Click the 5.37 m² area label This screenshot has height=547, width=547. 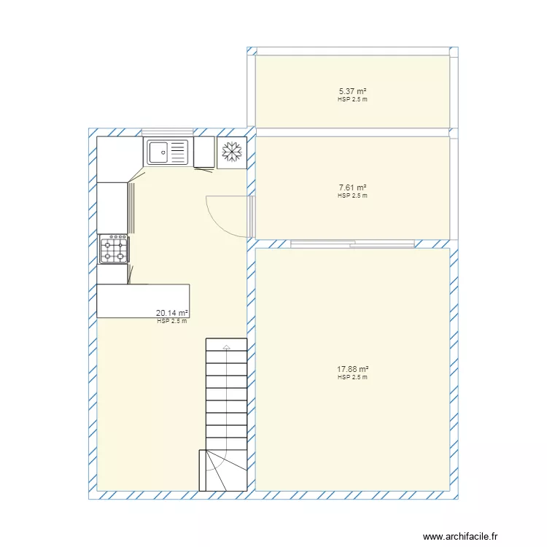[x=352, y=91]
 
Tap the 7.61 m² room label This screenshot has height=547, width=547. [x=352, y=187]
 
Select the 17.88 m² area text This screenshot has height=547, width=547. [x=352, y=369]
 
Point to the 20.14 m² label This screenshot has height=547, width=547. [x=172, y=314]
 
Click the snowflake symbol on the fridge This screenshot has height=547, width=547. [x=232, y=152]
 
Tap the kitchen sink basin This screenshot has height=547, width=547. [x=158, y=152]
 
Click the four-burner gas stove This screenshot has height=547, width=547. [x=114, y=249]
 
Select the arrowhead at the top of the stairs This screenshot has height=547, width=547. [x=227, y=346]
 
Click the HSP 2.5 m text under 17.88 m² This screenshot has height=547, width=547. [x=352, y=378]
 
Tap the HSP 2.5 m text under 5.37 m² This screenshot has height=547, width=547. [x=352, y=99]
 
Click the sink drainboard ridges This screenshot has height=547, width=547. [x=177, y=152]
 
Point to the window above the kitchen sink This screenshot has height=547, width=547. [x=168, y=132]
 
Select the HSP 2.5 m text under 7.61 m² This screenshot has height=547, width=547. [x=352, y=195]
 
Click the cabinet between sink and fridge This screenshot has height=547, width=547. [x=203, y=152]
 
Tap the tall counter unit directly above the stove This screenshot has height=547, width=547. [x=112, y=208]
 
